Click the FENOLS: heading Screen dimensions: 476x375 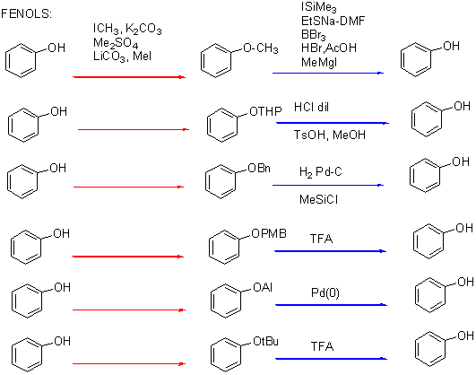(26, 14)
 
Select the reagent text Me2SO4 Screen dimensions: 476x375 (116, 43)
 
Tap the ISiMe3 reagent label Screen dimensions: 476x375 (319, 7)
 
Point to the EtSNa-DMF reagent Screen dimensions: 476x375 (333, 21)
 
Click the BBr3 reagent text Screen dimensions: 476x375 (314, 35)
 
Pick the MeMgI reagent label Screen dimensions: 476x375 (319, 62)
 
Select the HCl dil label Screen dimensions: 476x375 (311, 107)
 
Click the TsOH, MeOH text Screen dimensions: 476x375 (330, 135)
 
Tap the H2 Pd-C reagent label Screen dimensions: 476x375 (321, 172)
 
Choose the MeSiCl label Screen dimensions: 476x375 (319, 200)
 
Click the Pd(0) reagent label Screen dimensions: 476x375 (325, 293)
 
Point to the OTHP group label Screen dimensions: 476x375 (265, 111)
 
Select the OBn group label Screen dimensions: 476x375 (259, 168)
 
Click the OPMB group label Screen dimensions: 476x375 (269, 233)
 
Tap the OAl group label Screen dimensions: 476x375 (263, 287)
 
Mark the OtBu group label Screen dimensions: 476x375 (265, 341)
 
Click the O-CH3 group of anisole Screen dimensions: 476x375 (261, 48)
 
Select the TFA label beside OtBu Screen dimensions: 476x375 (322, 346)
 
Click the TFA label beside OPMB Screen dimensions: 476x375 (321, 239)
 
